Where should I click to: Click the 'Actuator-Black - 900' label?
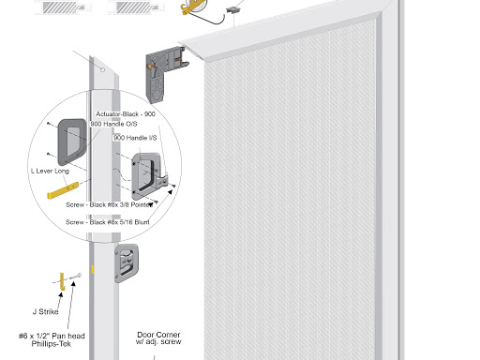click(x=126, y=114)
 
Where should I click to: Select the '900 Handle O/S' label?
click(x=113, y=124)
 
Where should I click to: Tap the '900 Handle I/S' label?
click(x=135, y=138)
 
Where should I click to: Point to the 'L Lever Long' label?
click(x=50, y=171)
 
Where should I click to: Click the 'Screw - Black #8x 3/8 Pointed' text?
click(x=110, y=205)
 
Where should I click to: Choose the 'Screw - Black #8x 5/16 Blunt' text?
click(x=108, y=222)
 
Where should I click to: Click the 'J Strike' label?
click(x=46, y=311)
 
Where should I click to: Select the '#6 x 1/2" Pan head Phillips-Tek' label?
click(x=52, y=340)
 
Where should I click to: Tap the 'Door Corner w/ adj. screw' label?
click(x=158, y=338)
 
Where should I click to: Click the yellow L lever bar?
click(x=63, y=190)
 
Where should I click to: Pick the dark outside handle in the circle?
click(x=72, y=142)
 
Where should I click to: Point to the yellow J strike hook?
click(x=62, y=282)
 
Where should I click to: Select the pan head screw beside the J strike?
click(x=76, y=277)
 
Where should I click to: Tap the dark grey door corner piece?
click(x=161, y=74)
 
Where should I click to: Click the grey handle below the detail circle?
click(x=127, y=263)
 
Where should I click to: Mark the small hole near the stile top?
click(x=102, y=69)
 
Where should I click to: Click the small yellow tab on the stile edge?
click(x=92, y=269)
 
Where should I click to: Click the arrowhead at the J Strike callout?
click(x=60, y=294)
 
